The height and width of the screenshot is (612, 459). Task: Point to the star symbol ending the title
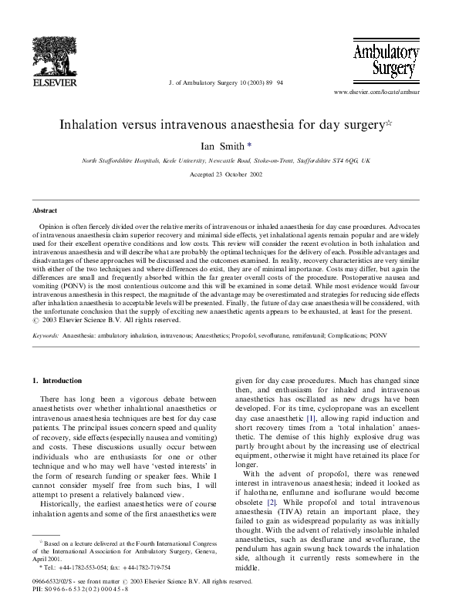click(390, 122)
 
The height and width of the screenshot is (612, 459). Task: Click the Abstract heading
click(44, 210)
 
